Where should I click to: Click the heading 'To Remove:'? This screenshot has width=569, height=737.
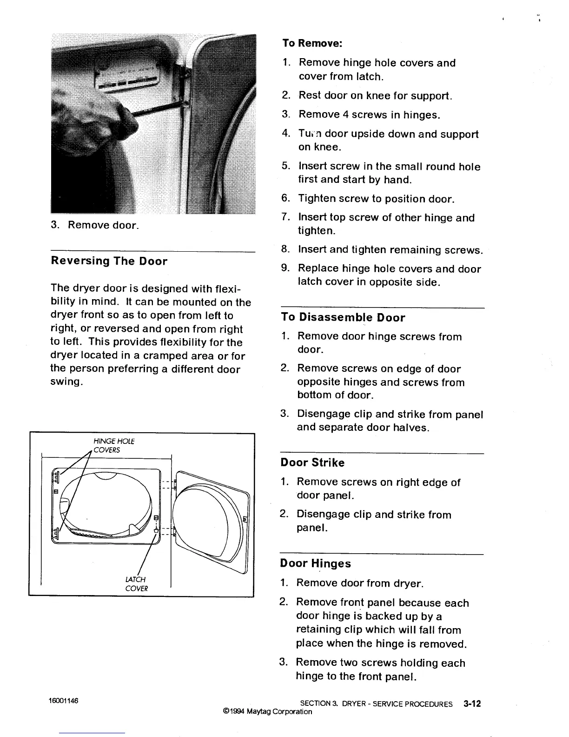click(312, 43)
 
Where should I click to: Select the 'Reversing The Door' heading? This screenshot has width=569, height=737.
click(109, 261)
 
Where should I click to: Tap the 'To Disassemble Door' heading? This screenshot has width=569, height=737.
click(343, 318)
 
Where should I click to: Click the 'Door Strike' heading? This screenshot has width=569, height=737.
click(312, 463)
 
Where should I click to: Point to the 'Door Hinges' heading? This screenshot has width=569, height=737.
click(315, 564)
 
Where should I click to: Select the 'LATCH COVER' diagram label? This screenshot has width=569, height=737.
click(136, 584)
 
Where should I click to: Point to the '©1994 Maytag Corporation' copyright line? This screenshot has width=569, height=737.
click(267, 711)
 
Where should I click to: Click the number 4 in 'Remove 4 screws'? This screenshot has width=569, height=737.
click(346, 114)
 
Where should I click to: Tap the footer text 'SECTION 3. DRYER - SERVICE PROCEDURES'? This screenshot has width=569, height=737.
click(376, 704)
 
